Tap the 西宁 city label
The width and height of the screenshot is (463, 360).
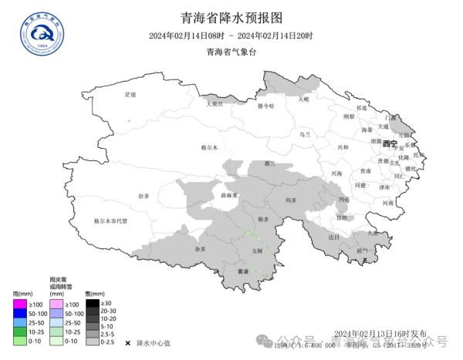389,144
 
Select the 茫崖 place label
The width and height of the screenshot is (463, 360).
130,95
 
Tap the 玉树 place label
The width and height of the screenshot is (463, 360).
257,251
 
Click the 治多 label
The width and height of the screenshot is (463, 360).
143,197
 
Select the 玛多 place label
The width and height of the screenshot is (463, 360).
291,200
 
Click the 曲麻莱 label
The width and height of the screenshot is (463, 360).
227,196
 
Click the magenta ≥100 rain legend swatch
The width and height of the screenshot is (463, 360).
19,304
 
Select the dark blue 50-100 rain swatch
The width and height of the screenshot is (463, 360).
19,314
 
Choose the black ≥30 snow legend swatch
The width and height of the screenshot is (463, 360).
92,304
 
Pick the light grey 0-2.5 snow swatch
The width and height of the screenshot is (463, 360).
92,341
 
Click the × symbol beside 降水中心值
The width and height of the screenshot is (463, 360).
127,342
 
